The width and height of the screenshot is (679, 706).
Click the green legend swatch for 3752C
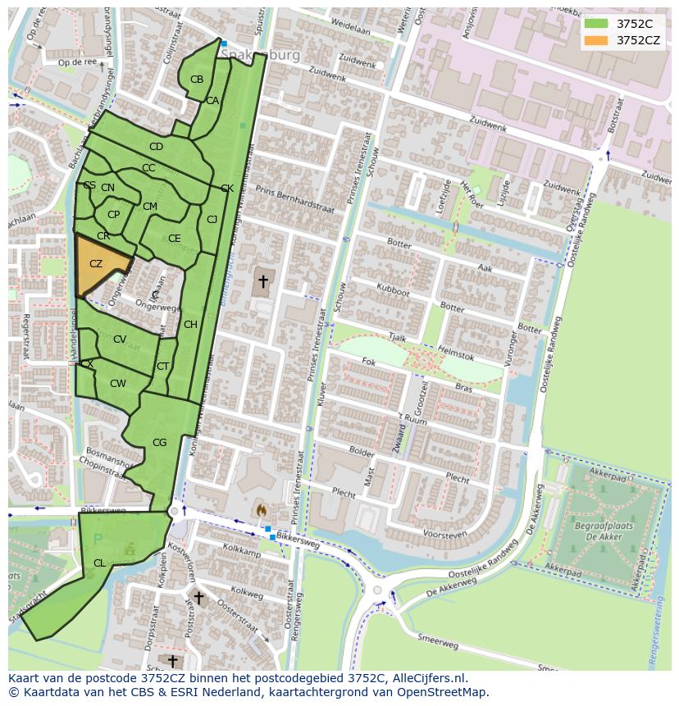point(596,24)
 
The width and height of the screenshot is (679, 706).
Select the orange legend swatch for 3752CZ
point(596,40)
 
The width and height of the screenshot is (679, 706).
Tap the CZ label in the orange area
point(96,264)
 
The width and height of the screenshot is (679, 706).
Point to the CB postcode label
point(197,80)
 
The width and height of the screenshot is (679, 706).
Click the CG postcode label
point(159,443)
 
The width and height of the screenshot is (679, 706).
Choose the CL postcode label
point(99,563)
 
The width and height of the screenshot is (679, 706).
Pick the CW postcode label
point(118,384)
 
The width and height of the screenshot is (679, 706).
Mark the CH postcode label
point(190,325)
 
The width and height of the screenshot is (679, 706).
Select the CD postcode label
point(156,147)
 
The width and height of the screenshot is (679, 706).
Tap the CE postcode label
point(174,239)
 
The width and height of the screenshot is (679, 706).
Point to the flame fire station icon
point(261,510)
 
